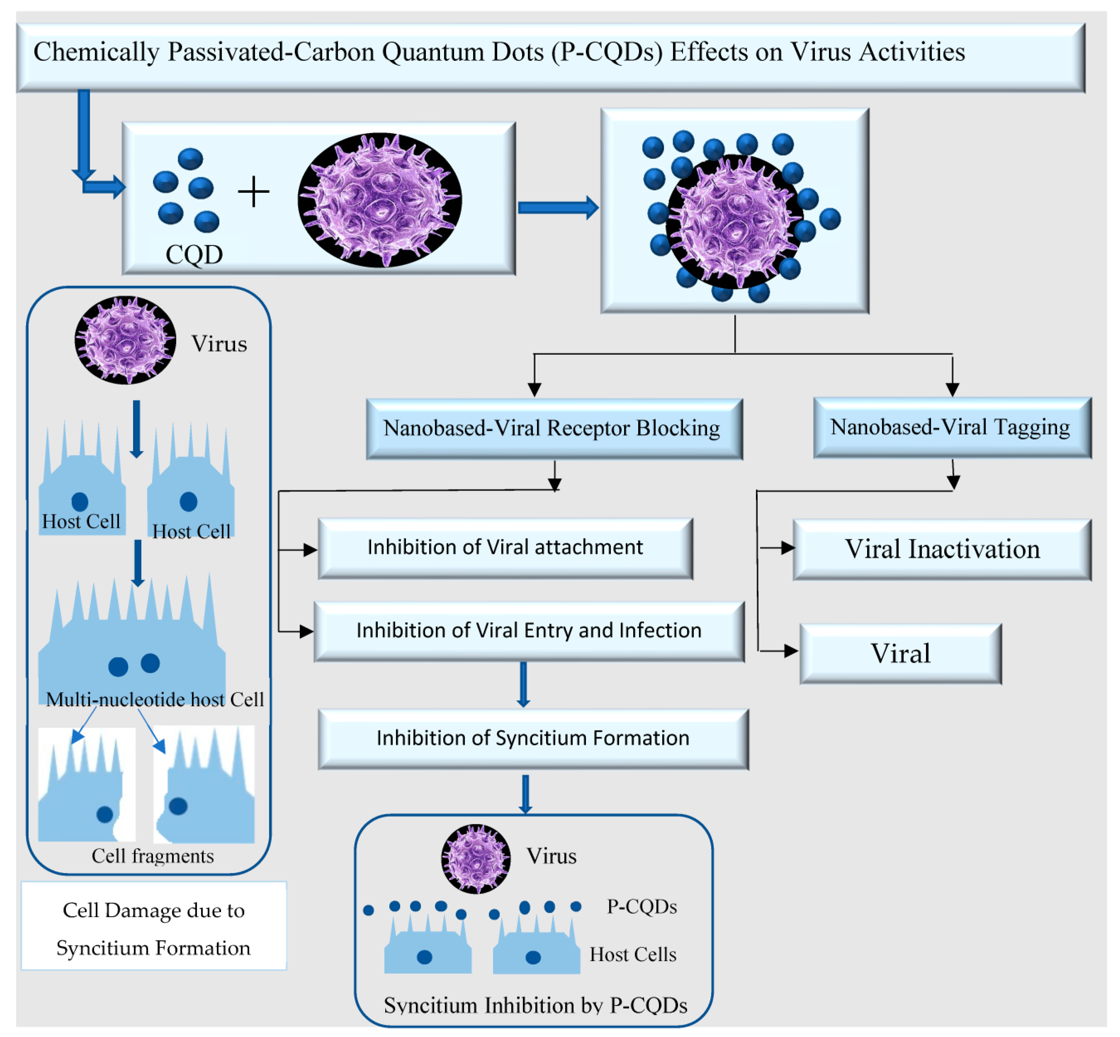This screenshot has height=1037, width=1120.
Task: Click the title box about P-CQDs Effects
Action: click(x=551, y=57)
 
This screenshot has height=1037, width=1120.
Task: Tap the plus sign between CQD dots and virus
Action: click(x=253, y=192)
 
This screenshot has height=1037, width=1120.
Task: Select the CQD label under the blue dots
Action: click(x=194, y=254)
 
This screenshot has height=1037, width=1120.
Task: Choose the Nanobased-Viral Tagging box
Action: click(x=952, y=428)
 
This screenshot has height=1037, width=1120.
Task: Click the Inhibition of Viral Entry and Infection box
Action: click(x=529, y=631)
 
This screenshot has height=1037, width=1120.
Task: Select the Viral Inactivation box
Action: click(x=942, y=549)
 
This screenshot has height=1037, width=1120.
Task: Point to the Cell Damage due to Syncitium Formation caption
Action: click(x=154, y=929)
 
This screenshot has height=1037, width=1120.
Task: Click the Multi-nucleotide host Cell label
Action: click(x=155, y=699)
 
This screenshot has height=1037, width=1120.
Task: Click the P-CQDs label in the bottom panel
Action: click(x=642, y=906)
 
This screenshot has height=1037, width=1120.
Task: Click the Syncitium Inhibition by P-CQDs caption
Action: click(x=536, y=1005)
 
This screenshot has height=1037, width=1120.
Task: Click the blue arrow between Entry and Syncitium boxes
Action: click(x=523, y=685)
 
